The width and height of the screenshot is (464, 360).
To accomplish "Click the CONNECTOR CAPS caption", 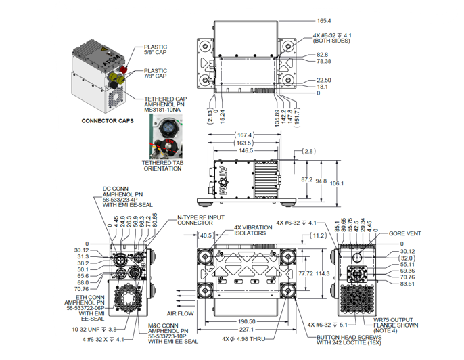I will coord(107,122).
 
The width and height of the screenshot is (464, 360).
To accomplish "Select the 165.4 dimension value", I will coord(325,21).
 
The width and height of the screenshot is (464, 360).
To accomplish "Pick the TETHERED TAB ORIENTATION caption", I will coord(162,166).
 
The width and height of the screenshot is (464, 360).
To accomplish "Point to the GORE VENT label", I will coord(405,233).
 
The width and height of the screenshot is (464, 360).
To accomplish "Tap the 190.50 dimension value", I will coord(248,322).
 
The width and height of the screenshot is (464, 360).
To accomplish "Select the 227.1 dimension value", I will coord(248,330).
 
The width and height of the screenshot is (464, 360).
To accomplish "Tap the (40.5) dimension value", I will coord(206,236).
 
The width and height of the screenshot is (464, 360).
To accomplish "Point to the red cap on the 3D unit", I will coord(124,68).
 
